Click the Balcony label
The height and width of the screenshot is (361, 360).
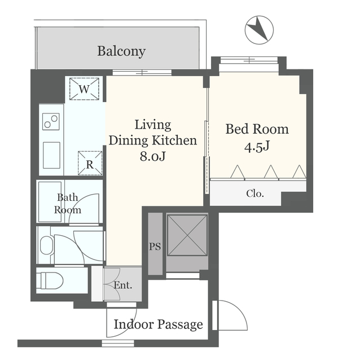coord(121,51)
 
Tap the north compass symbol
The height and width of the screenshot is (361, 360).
coord(259,30)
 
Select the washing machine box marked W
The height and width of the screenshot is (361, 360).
coord(84,89)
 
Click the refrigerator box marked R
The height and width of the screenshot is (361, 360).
coord(90,163)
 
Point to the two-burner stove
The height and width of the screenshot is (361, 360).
coord(51,121)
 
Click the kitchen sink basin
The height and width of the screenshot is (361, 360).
coord(51,155)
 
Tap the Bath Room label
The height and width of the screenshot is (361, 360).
coord(68,204)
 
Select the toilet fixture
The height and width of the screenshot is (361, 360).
coord(50,280)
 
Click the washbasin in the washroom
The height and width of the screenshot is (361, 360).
coord(46,245)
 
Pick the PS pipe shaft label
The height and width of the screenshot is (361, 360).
coord(155,246)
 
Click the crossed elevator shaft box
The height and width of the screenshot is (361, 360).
coord(187,235)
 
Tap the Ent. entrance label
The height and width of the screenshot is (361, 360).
coord(123,285)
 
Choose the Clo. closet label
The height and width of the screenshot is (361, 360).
coord(254,193)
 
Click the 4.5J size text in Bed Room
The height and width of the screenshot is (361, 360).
coord(257,147)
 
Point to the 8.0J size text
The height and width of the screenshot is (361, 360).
coord(153,156)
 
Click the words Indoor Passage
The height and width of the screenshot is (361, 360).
coord(159,325)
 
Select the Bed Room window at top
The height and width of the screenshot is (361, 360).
coord(249,60)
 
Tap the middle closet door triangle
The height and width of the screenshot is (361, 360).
coord(271,171)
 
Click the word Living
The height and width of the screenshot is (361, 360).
coord(153,125)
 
